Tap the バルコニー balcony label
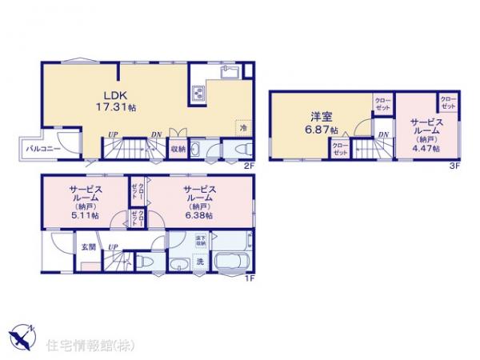pyautogui.click(x=41, y=149)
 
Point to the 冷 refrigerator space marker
pyautogui.click(x=241, y=127)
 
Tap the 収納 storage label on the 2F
pyautogui.click(x=178, y=149)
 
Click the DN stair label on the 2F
pyautogui.click(x=156, y=134)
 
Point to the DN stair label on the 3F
pyautogui.click(x=383, y=134)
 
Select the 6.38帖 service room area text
pyautogui.click(x=199, y=215)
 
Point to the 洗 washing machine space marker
pyautogui.click(x=200, y=262)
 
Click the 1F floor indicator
pyautogui.click(x=249, y=277)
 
